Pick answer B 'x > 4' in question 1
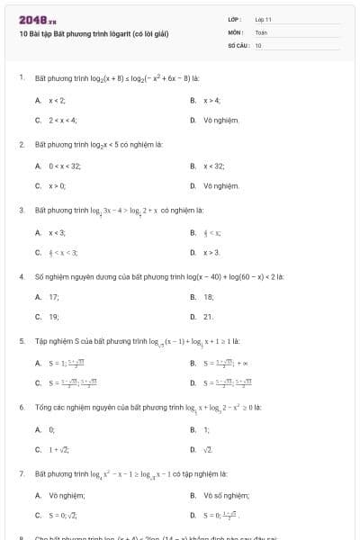pos(211,100)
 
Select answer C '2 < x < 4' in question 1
pos(65,119)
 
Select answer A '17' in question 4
pos(54,296)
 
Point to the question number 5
pos(21,341)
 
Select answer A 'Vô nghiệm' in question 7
pos(67,495)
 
